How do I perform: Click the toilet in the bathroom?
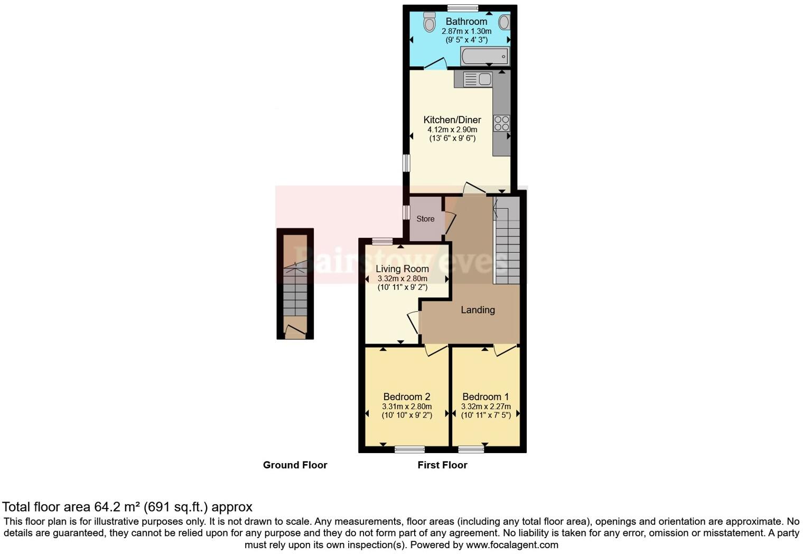[x=429, y=22]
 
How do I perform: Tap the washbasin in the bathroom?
[x=504, y=22]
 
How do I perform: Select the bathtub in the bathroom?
[x=484, y=56]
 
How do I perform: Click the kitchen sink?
[x=478, y=79]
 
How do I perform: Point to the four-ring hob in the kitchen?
[x=501, y=123]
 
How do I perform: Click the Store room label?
[x=425, y=219]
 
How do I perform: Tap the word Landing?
[x=478, y=310]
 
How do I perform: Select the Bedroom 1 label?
[x=485, y=396]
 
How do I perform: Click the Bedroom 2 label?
[x=406, y=396]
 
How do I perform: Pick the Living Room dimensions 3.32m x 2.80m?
[x=402, y=279]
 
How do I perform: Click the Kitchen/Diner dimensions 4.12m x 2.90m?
[x=452, y=130]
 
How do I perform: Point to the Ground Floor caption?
[x=295, y=465]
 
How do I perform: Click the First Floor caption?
[x=442, y=465]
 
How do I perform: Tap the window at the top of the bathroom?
[x=462, y=7]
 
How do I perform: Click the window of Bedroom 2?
[x=409, y=450]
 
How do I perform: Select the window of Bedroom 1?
[x=471, y=450]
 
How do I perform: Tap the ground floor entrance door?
[x=295, y=332]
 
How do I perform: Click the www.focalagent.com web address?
[x=511, y=544]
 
